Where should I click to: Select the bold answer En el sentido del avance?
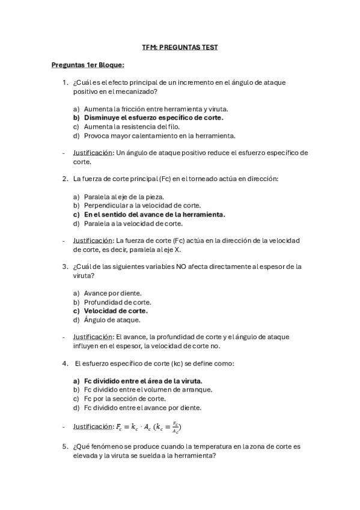154,215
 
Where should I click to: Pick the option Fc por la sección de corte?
125,398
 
